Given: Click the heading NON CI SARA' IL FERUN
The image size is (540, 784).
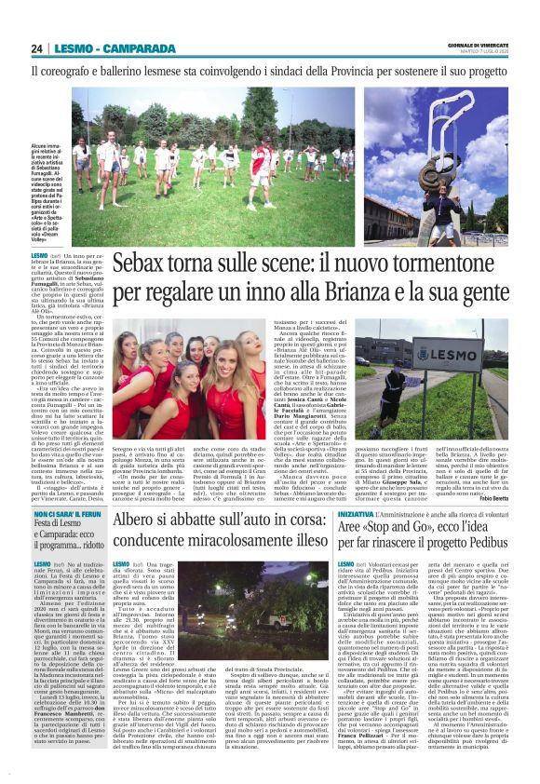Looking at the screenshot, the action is pyautogui.click(x=68, y=539).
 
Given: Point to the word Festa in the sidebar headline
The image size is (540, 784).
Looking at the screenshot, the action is pyautogui.click(x=47, y=551).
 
